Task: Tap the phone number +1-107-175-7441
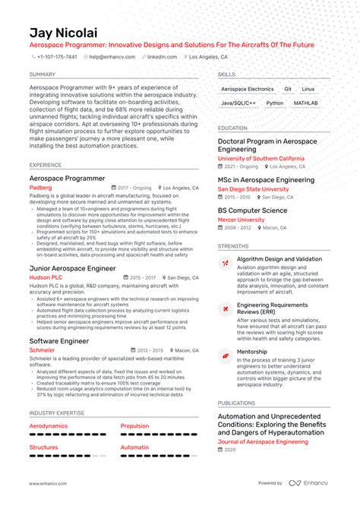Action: click(x=57, y=57)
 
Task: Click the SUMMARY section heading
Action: click(x=43, y=74)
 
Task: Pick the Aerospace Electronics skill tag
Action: click(x=248, y=89)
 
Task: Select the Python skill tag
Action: click(x=275, y=103)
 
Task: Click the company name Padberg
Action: click(x=41, y=188)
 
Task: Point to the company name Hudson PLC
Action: click(x=46, y=278)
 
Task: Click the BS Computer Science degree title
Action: click(x=253, y=210)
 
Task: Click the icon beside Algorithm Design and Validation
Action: click(x=226, y=264)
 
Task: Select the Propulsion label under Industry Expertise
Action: click(x=135, y=426)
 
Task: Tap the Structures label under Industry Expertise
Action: click(x=44, y=447)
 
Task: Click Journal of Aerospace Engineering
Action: click(x=263, y=441)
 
